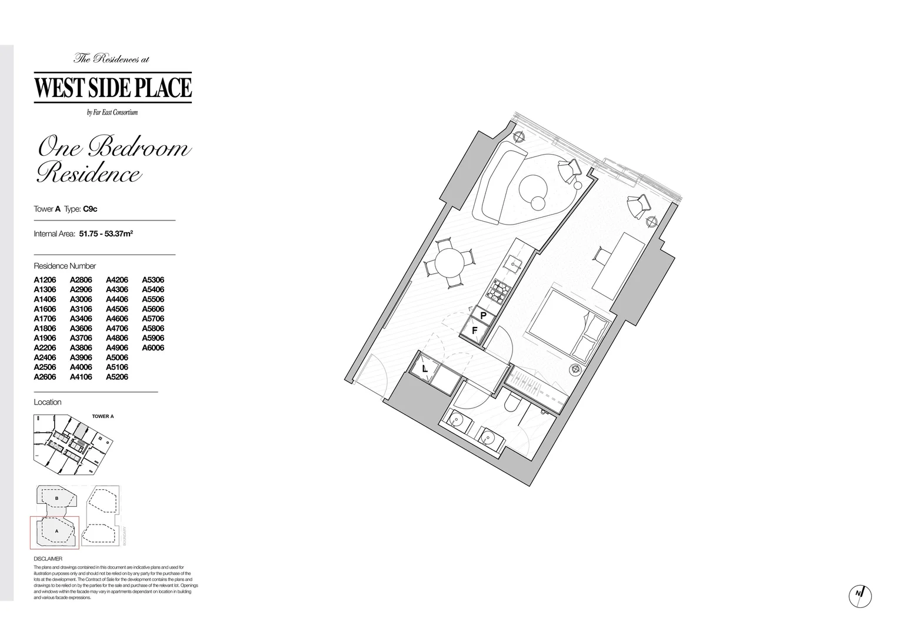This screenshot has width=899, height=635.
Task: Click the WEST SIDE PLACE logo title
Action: (x=113, y=87)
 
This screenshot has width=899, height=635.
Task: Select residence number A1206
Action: (x=45, y=280)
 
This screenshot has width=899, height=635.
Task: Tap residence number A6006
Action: (x=153, y=347)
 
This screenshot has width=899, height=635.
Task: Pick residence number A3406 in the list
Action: (x=81, y=319)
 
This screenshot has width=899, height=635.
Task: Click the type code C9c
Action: (x=90, y=209)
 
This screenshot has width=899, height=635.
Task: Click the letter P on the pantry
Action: (x=483, y=316)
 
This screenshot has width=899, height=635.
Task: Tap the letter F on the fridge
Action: (x=475, y=331)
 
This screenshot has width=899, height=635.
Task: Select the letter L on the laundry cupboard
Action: (x=425, y=369)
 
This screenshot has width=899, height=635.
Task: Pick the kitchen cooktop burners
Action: (x=501, y=288)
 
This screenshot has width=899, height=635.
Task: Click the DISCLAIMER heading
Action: (x=48, y=559)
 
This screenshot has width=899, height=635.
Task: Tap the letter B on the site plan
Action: (x=56, y=498)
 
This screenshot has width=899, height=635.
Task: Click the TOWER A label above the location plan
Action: (x=103, y=416)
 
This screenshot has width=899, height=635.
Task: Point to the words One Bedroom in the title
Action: (x=114, y=147)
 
